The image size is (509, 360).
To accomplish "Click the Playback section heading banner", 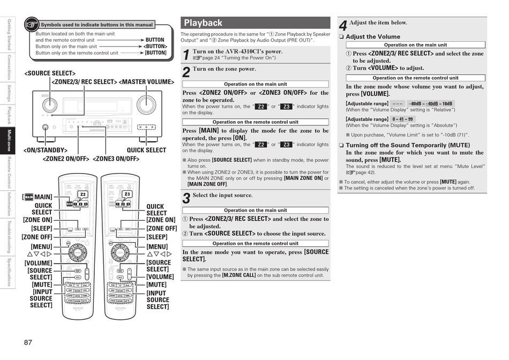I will coord(255,23).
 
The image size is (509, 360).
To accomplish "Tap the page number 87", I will coord(28,342).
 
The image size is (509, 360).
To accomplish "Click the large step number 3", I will coord(186,198).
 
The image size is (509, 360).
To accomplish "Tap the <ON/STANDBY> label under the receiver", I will coord(46,151).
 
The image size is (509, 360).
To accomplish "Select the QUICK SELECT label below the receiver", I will coord(146,151).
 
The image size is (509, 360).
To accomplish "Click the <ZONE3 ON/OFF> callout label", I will coord(116,159).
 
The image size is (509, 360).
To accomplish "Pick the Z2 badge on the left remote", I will coord(83,194).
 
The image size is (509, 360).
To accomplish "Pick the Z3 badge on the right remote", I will coord(127,194).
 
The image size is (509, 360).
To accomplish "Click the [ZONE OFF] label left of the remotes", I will coord(37,237).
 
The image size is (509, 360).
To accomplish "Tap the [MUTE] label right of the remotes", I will coord(156,285).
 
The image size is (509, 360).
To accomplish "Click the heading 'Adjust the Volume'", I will coord(373,37).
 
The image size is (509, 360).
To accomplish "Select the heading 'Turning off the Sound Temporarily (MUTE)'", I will coord(407,145).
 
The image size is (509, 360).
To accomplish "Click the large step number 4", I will coord(343,25).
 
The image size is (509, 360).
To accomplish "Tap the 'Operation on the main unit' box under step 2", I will coord(255,84).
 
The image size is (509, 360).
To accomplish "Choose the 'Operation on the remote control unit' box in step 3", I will coord(255,243).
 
